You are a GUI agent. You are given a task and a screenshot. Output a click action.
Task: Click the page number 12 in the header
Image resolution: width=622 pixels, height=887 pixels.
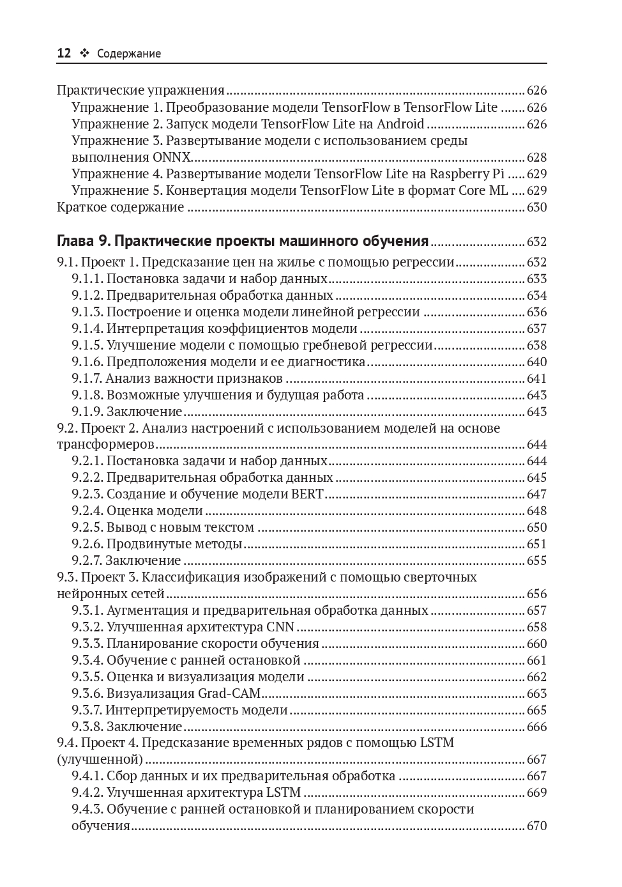tap(64, 54)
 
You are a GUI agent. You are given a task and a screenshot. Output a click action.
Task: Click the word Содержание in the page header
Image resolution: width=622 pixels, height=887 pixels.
tap(129, 54)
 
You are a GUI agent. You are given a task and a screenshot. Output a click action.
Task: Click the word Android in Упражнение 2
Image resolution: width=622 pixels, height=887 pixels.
tap(400, 124)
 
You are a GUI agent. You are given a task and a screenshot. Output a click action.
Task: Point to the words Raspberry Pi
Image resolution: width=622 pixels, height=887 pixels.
tap(467, 174)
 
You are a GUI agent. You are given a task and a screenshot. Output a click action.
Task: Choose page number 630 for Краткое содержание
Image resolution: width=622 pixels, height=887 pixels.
tap(536, 207)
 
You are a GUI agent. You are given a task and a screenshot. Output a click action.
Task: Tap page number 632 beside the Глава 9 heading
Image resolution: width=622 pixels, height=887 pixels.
tap(536, 242)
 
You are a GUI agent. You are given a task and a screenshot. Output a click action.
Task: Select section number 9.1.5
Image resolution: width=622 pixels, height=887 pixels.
tap(87, 345)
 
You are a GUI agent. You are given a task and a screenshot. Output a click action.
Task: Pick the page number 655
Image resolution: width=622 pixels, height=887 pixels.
tap(536, 560)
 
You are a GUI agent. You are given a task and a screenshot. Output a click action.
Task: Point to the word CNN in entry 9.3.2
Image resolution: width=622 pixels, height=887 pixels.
tap(280, 627)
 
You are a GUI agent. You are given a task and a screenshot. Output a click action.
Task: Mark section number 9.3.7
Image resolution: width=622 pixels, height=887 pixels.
tap(87, 710)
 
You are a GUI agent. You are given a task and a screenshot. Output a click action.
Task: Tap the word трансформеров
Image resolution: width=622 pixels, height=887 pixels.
tap(105, 445)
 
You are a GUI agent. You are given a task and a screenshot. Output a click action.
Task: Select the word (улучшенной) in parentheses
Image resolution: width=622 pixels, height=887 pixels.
tap(99, 760)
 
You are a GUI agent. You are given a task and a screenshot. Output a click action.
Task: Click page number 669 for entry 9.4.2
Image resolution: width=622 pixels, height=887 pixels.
tap(536, 792)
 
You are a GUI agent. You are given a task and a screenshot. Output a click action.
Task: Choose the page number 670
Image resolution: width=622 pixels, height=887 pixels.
tap(536, 826)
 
